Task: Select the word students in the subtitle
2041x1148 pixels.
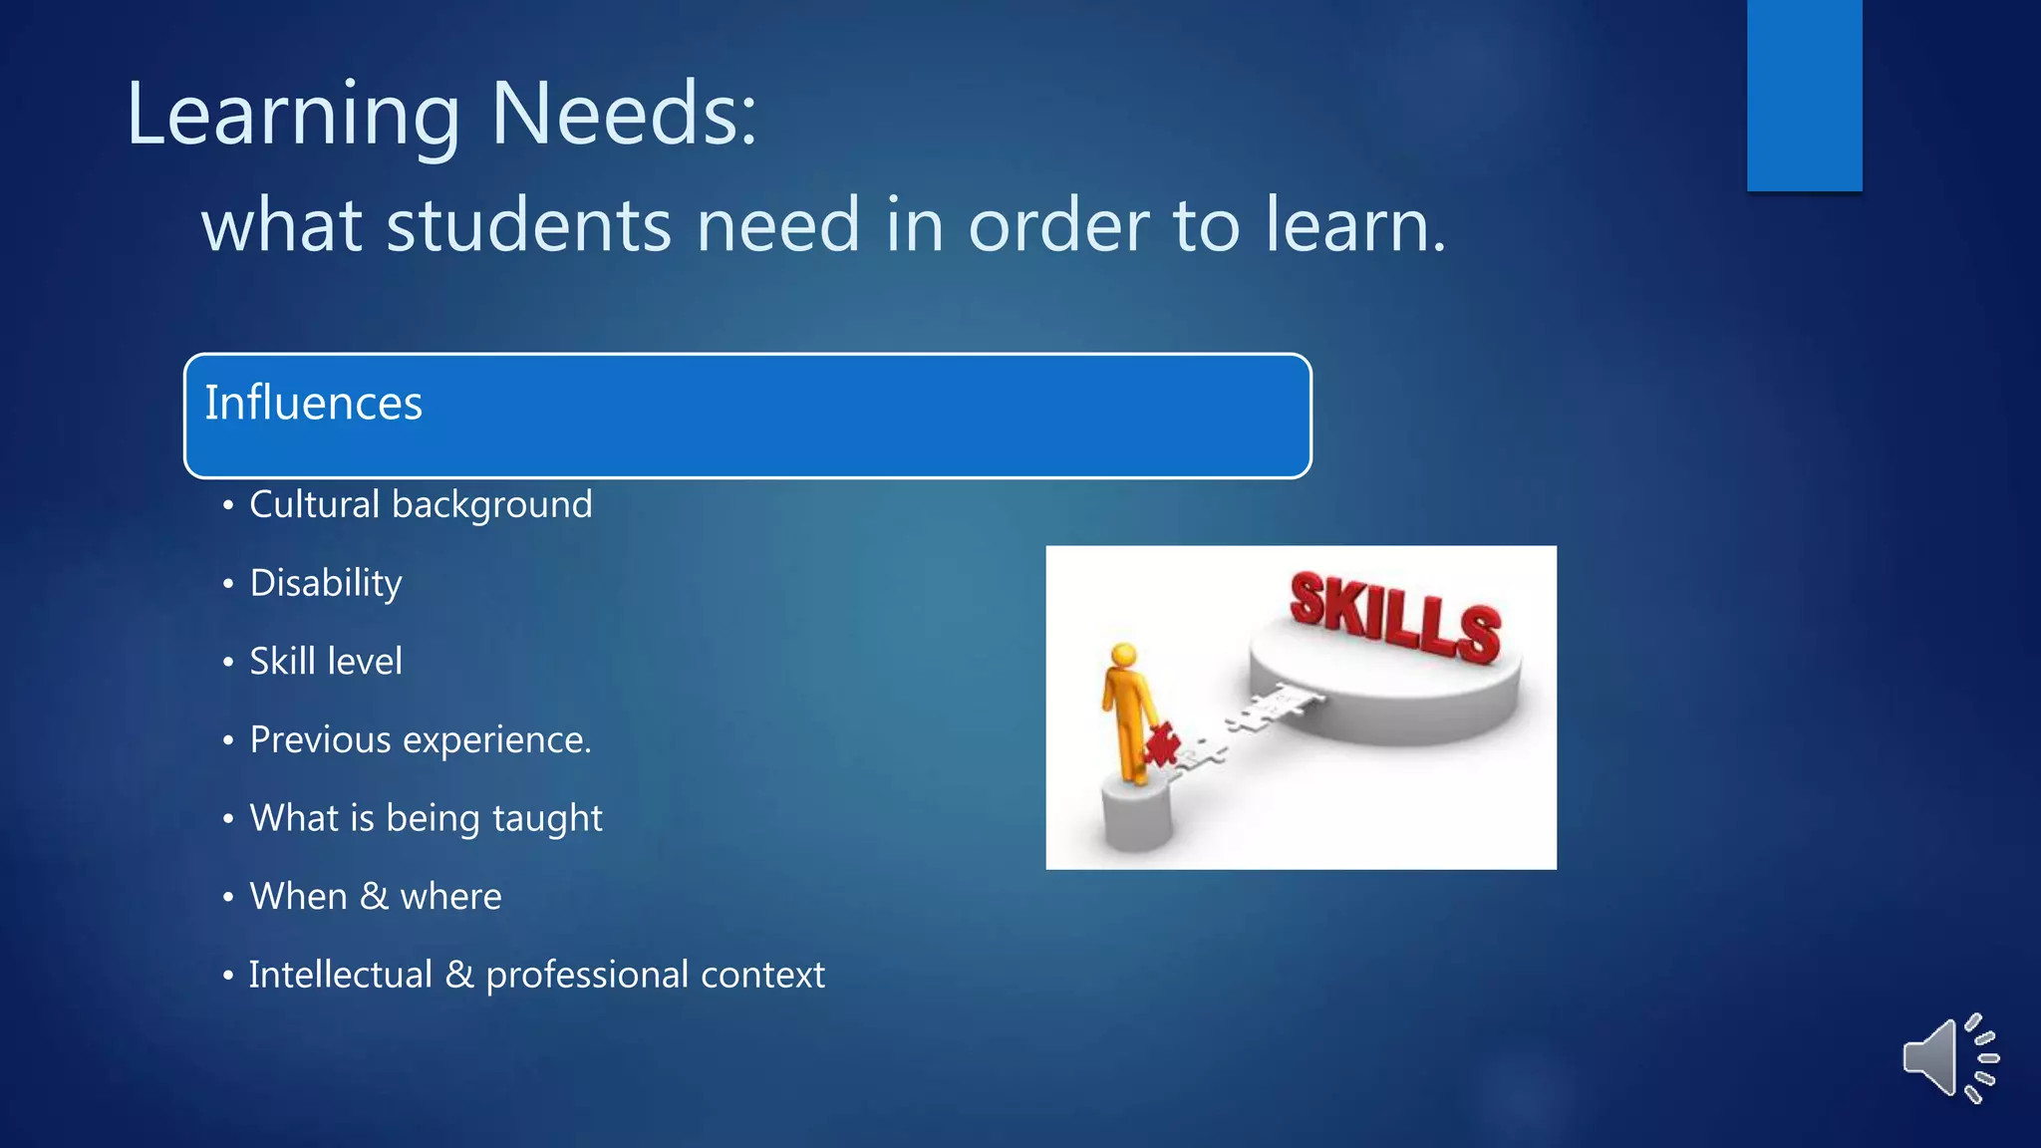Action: [x=529, y=225]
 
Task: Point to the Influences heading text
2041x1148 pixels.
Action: [x=313, y=404]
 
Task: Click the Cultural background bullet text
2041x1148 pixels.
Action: [x=421, y=505]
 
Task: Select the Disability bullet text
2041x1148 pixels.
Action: [x=326, y=583]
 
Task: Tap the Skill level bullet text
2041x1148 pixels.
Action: [x=326, y=662]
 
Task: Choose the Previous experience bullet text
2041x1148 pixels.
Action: [x=421, y=740]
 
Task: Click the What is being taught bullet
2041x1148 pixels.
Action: [x=426, y=818]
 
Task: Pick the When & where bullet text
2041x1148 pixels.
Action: [x=375, y=897]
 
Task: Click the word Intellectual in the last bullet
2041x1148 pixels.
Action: [x=341, y=975]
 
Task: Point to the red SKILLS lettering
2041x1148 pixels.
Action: [x=1395, y=618]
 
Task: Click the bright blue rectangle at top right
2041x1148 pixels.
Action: [x=1804, y=95]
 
